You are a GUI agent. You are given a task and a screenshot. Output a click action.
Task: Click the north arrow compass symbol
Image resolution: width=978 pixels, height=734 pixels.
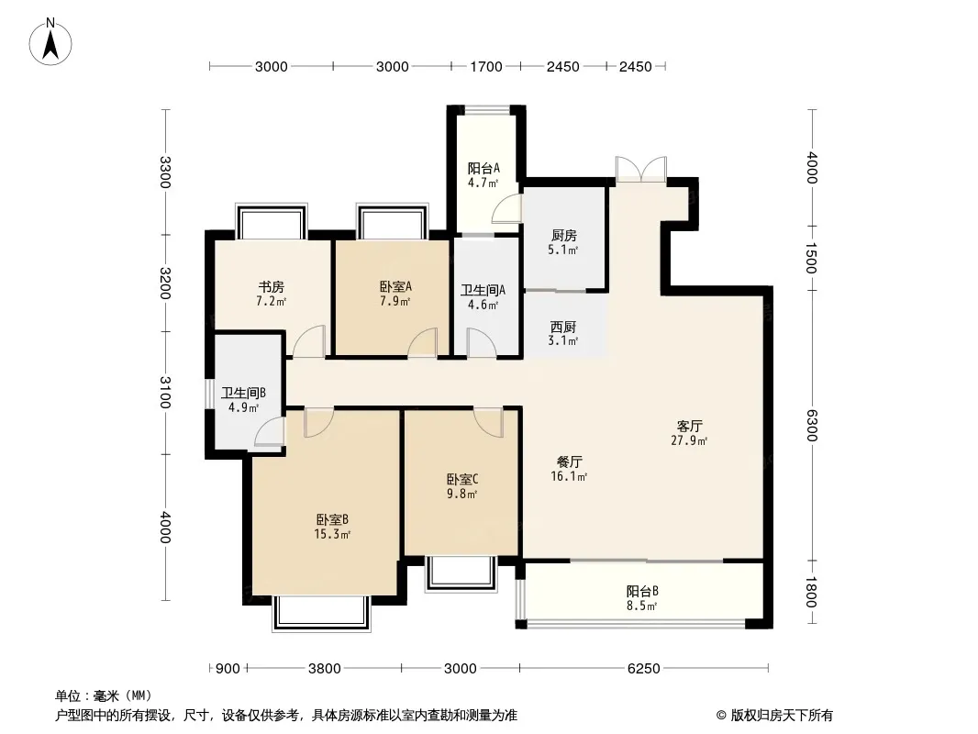click(50, 41)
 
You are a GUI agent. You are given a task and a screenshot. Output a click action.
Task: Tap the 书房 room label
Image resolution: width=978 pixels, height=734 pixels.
click(272, 287)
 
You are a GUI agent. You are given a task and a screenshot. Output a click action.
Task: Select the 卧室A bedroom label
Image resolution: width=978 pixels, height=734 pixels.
click(396, 287)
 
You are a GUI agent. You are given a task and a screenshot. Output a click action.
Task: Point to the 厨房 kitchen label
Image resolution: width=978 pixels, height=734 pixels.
click(564, 236)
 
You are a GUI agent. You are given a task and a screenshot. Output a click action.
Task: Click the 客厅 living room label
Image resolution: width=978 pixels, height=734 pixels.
click(689, 426)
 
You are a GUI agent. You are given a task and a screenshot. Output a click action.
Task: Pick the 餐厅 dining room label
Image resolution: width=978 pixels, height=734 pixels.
click(569, 462)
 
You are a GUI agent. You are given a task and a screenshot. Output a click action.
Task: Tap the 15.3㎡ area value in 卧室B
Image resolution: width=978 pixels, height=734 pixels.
click(332, 534)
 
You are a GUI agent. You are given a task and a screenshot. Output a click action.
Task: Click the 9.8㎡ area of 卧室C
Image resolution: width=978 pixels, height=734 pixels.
click(461, 495)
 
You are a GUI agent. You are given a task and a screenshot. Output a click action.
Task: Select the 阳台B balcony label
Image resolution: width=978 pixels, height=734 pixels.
click(642, 591)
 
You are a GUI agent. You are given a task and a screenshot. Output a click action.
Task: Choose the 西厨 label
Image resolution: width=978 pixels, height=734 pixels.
click(562, 327)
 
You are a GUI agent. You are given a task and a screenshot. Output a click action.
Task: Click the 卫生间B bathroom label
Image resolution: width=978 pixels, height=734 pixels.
click(243, 393)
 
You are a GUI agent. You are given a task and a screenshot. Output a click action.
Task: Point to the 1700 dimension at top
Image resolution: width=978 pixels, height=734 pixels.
click(486, 67)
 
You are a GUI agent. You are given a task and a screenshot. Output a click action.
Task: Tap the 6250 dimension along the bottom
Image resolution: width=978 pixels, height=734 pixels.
click(643, 669)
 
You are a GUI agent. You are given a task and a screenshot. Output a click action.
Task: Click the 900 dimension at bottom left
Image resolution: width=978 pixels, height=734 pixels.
click(228, 669)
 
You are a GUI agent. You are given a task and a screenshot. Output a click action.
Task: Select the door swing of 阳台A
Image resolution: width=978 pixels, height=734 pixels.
click(506, 207)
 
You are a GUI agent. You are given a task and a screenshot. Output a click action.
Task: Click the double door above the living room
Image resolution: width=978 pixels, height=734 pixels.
click(640, 169)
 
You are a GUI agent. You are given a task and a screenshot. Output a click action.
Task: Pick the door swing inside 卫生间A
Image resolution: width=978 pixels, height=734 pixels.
click(482, 343)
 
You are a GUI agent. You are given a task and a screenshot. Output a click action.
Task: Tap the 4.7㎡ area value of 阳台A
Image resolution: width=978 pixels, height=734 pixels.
click(483, 183)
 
